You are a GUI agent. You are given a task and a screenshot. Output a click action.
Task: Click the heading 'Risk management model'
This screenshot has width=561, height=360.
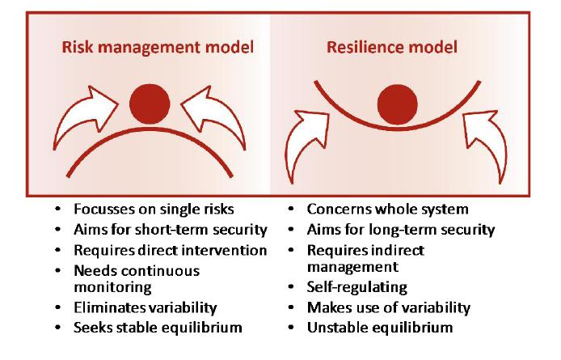click(x=158, y=47)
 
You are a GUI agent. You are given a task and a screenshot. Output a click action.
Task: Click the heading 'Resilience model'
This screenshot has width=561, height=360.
click(x=392, y=47)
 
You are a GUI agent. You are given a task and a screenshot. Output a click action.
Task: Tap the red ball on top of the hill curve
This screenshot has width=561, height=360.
click(x=150, y=104)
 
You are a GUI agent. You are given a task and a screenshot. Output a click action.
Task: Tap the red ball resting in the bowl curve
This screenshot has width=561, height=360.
click(x=398, y=104)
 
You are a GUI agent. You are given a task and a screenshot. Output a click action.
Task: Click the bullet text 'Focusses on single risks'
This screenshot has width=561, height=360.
click(x=154, y=210)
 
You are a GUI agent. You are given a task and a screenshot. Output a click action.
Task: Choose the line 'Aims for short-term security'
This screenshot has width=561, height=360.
click(x=171, y=230)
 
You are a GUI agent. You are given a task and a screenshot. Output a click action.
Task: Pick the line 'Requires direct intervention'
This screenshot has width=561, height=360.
click(x=171, y=250)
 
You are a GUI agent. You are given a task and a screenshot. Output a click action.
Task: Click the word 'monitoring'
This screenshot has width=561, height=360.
click(x=112, y=288)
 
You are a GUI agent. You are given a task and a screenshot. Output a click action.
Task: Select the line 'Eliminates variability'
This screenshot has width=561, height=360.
click(x=146, y=307)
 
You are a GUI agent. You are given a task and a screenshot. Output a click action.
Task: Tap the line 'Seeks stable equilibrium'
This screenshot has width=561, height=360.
click(x=158, y=328)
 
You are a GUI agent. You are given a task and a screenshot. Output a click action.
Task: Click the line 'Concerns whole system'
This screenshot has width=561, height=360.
click(x=388, y=210)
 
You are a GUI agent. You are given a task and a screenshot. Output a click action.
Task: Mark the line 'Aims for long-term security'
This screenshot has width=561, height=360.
click(x=401, y=230)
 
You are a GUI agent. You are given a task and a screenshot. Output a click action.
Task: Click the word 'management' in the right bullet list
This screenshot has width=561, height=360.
click(x=352, y=267)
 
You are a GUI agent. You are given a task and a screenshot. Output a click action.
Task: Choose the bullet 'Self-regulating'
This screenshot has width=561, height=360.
click(x=357, y=287)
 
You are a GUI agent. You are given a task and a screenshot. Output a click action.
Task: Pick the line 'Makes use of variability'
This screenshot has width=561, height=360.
click(x=389, y=307)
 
